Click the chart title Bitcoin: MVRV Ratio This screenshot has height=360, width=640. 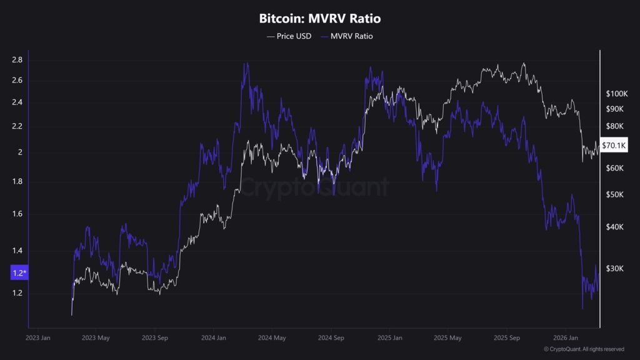(x=319, y=19)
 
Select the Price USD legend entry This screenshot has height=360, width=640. (x=289, y=36)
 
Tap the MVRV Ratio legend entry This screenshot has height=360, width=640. (x=347, y=36)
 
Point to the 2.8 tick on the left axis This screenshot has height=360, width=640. (x=17, y=60)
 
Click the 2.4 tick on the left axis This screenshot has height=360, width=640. (x=17, y=102)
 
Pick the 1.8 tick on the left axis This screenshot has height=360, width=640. (x=17, y=182)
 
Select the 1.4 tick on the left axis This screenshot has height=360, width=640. (x=17, y=251)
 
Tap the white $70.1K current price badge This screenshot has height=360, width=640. (x=613, y=145)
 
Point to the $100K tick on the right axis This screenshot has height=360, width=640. (x=616, y=94)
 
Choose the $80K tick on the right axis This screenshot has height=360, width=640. (x=615, y=126)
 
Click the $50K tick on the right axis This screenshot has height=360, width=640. (x=615, y=195)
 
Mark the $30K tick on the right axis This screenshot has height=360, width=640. (x=615, y=269)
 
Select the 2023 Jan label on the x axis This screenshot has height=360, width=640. (x=39, y=338)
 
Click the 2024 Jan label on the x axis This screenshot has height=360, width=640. (x=213, y=338)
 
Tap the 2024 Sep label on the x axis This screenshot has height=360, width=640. (x=331, y=338)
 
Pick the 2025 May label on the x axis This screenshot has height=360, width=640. (x=447, y=338)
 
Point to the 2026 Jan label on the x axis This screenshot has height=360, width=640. (x=564, y=338)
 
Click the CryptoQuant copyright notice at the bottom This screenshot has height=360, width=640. (x=584, y=349)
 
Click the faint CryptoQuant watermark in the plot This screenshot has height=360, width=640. (x=315, y=187)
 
